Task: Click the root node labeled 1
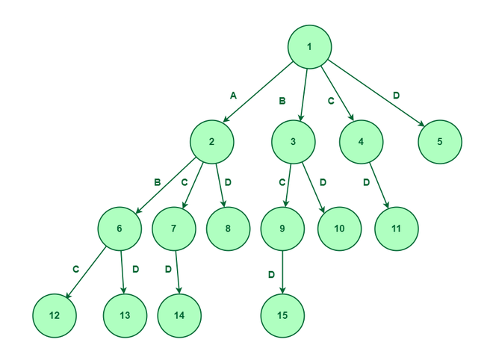click(x=309, y=47)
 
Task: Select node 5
click(x=440, y=142)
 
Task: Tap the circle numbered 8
click(x=228, y=229)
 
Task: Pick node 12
click(x=55, y=316)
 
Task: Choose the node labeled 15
click(x=282, y=316)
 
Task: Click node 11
click(x=396, y=229)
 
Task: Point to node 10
click(x=339, y=229)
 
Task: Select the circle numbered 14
click(x=179, y=316)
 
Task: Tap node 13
click(x=125, y=316)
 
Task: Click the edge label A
click(x=233, y=96)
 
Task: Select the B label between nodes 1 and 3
click(x=282, y=101)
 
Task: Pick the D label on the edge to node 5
click(x=396, y=96)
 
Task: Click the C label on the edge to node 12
click(x=75, y=270)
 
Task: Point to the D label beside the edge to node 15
click(x=271, y=275)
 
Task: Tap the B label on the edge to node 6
click(x=157, y=182)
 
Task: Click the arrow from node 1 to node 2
click(x=258, y=92)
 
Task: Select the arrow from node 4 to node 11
click(x=379, y=185)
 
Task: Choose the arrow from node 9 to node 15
click(x=282, y=273)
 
